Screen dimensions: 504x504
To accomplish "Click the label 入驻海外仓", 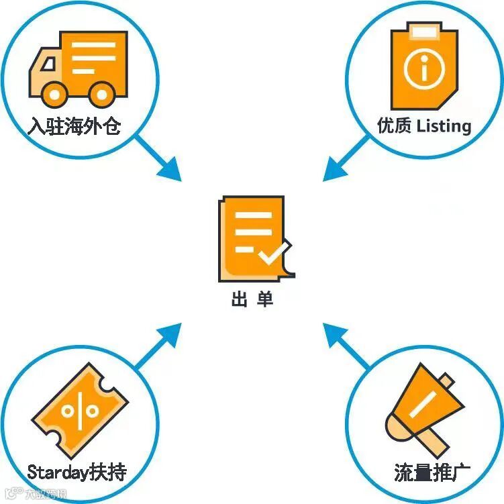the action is coord(74,126).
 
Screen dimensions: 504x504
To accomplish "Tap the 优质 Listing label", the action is coord(424,125).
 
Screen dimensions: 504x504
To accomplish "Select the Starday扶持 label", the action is coord(77,472).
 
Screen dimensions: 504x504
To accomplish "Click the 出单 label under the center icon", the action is coord(252,299).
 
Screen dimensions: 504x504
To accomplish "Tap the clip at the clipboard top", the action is coord(423,30).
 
